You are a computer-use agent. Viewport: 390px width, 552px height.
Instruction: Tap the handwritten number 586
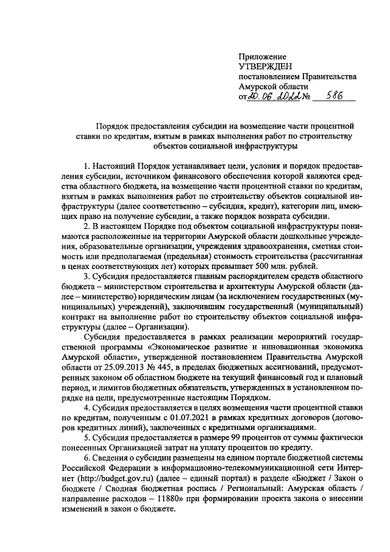pos(335,96)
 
